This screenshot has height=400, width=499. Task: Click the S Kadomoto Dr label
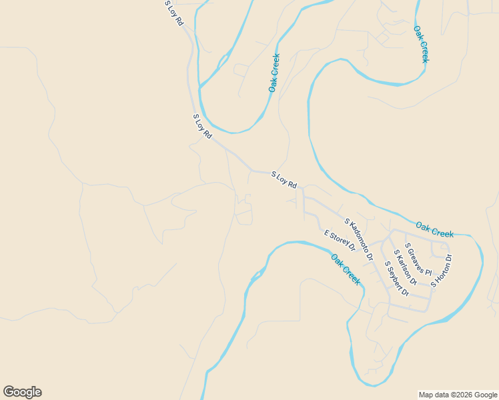pos(358,239)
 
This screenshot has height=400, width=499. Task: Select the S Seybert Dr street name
pos(396,278)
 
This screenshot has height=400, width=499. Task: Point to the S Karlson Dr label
pos(405,267)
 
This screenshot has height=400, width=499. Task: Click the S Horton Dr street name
pos(442,271)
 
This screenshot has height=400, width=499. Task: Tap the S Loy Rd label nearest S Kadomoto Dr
pos(284,179)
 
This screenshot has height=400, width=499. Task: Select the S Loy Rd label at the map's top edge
pos(174,13)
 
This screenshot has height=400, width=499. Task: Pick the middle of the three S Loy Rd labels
pos(202,126)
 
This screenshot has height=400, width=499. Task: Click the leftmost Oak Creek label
pos(274,73)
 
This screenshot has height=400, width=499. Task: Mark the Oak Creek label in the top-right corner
pos(421,44)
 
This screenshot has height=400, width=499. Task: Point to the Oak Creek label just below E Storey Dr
pos(346,269)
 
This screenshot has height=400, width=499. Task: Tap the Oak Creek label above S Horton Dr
pos(434,229)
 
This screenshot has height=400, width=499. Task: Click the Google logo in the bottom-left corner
pos(22,392)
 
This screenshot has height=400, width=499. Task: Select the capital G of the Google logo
pos(9,392)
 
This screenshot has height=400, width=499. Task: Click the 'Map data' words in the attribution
pos(434,395)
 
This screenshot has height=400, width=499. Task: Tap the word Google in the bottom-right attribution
pos(486,395)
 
